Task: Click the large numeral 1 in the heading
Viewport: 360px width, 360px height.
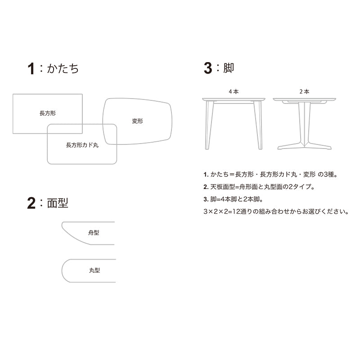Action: [31, 69]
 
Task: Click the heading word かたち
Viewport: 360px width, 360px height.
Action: [63, 68]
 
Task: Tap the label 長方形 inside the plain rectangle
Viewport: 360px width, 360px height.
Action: [48, 113]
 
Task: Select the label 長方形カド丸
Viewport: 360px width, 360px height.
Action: [82, 145]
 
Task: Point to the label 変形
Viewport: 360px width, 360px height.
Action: [137, 121]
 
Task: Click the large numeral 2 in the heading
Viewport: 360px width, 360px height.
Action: [31, 203]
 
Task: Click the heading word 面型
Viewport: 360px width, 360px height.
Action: [58, 203]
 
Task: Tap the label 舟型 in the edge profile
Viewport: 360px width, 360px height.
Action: [94, 233]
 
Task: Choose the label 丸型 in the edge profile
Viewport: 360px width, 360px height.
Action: [94, 270]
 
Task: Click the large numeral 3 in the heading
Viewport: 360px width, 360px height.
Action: [208, 68]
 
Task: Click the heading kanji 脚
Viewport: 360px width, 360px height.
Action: [229, 68]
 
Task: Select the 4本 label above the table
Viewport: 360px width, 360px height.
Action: [234, 92]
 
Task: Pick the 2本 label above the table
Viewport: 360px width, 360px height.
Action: [305, 92]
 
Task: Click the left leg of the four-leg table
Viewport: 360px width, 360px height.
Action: [209, 125]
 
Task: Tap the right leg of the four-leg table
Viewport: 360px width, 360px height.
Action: [258, 125]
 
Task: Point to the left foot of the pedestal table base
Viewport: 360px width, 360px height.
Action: [290, 146]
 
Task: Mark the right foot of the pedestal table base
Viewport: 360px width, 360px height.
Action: [319, 146]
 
